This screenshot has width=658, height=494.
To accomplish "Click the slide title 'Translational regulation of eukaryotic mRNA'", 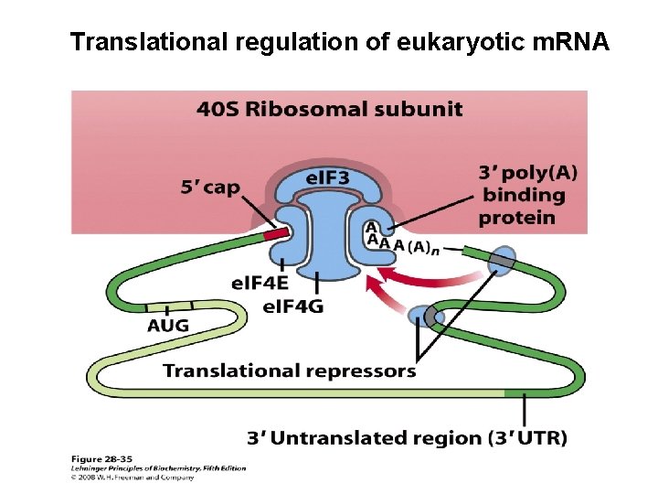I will coord(339,42).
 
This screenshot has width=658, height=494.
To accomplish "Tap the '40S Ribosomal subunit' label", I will coord(329,111).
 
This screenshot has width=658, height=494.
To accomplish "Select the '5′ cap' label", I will coord(209,188).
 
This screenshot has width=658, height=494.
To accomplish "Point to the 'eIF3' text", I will coord(327,177).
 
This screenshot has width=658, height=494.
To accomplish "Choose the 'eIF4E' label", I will coord(260,285).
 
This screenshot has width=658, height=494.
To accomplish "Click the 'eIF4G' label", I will coord(292,306).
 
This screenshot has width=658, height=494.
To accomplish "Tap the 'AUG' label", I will coord(168,326).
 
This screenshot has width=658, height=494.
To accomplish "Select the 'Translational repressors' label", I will coord(289,370).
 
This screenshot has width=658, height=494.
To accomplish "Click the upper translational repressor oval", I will coord(502,261).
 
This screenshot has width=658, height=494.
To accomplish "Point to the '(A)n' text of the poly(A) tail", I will coord(422,247).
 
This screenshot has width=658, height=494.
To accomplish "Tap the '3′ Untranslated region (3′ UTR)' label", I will coord(408,438).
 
